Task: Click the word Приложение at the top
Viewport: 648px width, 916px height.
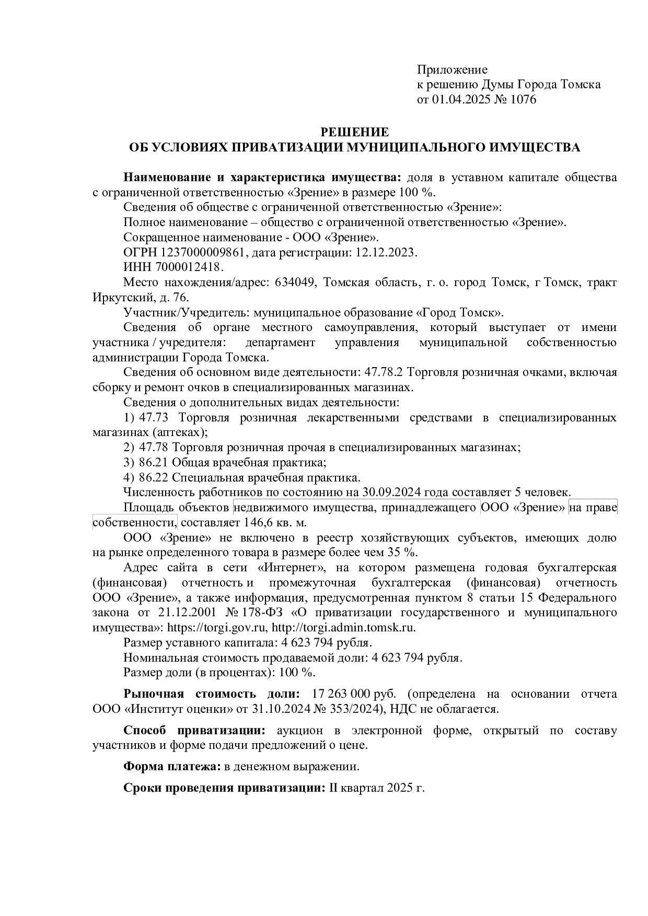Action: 452,69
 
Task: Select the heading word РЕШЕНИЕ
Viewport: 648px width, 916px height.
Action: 354,132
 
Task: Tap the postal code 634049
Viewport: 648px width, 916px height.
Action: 294,283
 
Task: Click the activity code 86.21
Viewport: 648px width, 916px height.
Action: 154,463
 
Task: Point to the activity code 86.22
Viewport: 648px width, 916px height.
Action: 154,478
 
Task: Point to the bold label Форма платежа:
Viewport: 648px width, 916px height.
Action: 172,767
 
